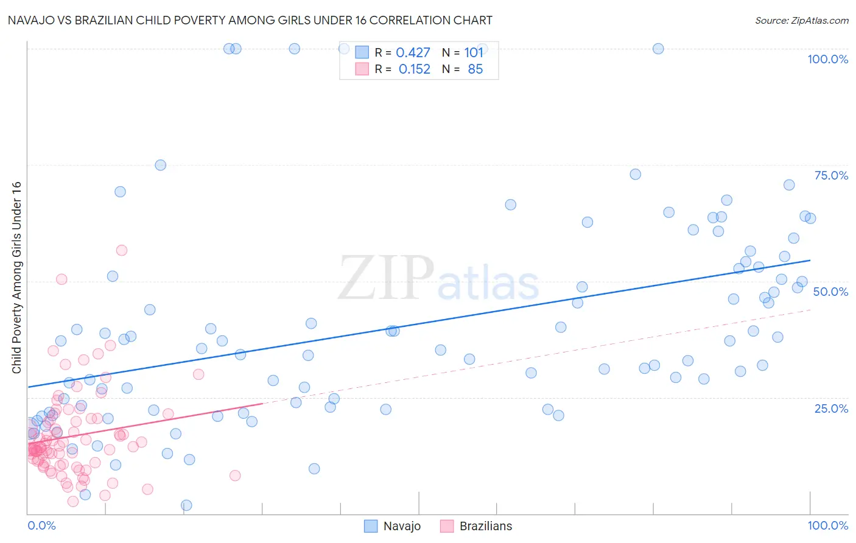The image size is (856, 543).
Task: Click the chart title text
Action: coord(250,20)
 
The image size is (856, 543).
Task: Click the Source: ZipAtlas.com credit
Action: coord(801,20)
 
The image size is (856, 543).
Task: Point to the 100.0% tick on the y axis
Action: coord(827,59)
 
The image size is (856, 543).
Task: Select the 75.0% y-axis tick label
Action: coord(831,175)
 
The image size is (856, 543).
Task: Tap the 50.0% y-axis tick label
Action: coord(830,292)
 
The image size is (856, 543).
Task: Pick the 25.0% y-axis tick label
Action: coord(831,408)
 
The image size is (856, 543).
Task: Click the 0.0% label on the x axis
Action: coord(41,525)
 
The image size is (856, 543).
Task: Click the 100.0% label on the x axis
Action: coord(827,525)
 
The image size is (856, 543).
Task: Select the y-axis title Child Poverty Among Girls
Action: coord(16,278)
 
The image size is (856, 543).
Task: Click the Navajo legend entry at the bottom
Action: coord(402,526)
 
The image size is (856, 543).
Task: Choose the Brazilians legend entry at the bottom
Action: coord(485,526)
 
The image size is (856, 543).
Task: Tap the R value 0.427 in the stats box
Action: coord(413,53)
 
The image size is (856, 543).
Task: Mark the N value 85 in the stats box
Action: coord(475,69)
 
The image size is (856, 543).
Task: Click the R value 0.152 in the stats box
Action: coord(414,69)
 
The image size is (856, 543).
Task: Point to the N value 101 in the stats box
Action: coord(474,53)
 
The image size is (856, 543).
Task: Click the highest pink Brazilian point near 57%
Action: coord(121,250)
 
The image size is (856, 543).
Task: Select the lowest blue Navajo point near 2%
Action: coord(186,505)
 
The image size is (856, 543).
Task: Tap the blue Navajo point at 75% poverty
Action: coord(160,165)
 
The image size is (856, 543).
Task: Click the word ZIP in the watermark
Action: coord(386,278)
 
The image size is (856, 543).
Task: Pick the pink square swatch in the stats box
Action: coord(362,69)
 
